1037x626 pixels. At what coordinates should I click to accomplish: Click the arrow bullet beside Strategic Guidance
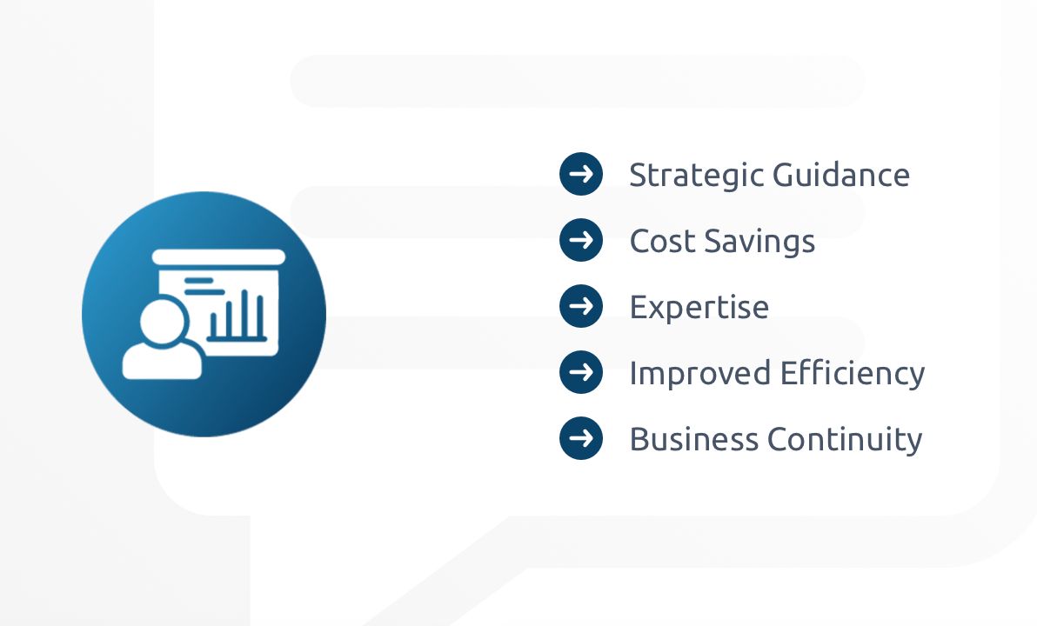pos(581,174)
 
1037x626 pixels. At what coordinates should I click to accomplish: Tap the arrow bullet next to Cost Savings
pos(581,240)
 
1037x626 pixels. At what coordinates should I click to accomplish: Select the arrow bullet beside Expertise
pos(581,306)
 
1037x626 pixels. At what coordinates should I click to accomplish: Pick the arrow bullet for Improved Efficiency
pos(581,372)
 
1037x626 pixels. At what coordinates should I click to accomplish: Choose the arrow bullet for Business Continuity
pos(581,438)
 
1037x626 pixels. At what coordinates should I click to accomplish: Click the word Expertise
pos(699,308)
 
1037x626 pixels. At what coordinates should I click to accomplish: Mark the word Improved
pos(699,374)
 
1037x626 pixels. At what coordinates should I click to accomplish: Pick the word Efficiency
pos(853,374)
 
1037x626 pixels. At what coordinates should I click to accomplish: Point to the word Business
pos(692,439)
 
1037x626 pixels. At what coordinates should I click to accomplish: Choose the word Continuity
pos(844,439)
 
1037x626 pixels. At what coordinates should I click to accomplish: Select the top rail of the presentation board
pos(218,256)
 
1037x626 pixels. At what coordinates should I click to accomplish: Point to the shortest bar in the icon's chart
pos(213,327)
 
